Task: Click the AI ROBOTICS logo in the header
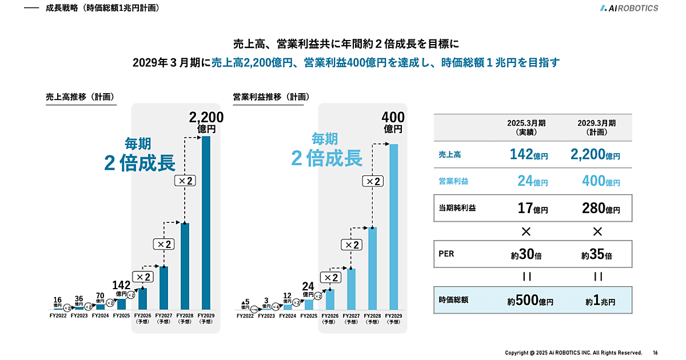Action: pos(629,8)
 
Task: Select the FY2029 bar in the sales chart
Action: pos(206,223)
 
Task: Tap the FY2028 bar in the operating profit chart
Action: pos(372,268)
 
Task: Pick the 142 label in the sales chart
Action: pos(121,285)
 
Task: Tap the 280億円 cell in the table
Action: pos(597,208)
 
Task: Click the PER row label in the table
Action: pos(446,254)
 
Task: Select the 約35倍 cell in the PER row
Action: pos(597,254)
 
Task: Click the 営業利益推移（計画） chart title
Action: pos(267,97)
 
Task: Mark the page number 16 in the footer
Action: pos(655,353)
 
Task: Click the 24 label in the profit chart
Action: pos(308,286)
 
